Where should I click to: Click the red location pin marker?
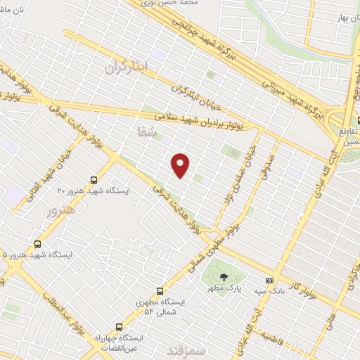(x=181, y=165)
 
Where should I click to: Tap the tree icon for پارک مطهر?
(x=224, y=277)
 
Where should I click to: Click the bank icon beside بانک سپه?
(x=269, y=280)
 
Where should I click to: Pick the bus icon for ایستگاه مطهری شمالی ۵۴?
(x=160, y=290)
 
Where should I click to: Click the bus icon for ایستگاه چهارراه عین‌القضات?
(x=118, y=327)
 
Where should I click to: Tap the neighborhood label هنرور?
(x=58, y=212)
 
